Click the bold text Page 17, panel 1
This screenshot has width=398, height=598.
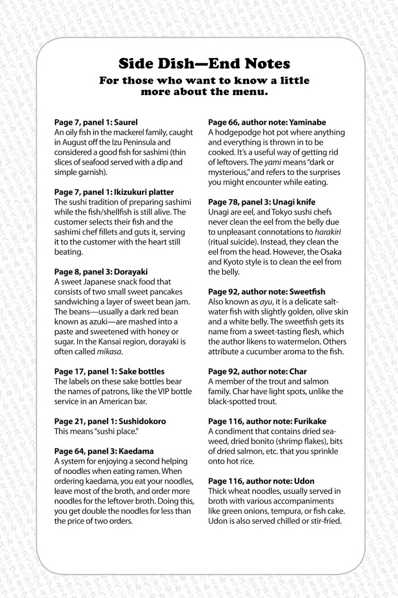click(83, 372)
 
